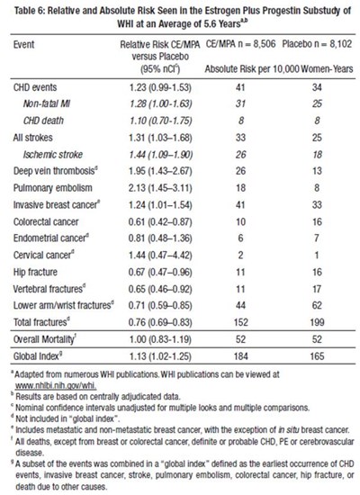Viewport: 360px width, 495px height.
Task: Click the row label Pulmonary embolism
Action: [53, 188]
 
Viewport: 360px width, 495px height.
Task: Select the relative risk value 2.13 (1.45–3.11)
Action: [160, 188]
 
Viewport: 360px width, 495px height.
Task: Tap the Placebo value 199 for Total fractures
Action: [317, 322]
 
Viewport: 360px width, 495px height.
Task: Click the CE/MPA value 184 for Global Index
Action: [240, 356]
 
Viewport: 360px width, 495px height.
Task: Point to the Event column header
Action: [23, 44]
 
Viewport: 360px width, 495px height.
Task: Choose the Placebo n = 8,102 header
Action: [317, 44]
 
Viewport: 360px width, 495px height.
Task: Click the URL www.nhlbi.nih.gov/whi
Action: [56, 385]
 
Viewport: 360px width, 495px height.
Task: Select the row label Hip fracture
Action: [35, 272]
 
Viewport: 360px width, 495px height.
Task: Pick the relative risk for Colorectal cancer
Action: [160, 222]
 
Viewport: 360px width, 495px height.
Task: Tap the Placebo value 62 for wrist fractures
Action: [317, 306]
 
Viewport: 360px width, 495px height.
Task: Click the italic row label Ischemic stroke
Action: [53, 155]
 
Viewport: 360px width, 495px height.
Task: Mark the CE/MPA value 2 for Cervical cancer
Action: [240, 255]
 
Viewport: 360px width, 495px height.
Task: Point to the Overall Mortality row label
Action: [44, 339]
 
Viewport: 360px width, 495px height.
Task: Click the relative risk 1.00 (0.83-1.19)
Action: [160, 339]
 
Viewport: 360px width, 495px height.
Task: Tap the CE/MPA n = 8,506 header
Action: [240, 44]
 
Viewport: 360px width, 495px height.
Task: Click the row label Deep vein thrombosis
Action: [55, 171]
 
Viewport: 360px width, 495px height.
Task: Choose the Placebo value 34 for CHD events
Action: [317, 87]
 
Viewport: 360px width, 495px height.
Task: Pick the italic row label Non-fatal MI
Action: [47, 103]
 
